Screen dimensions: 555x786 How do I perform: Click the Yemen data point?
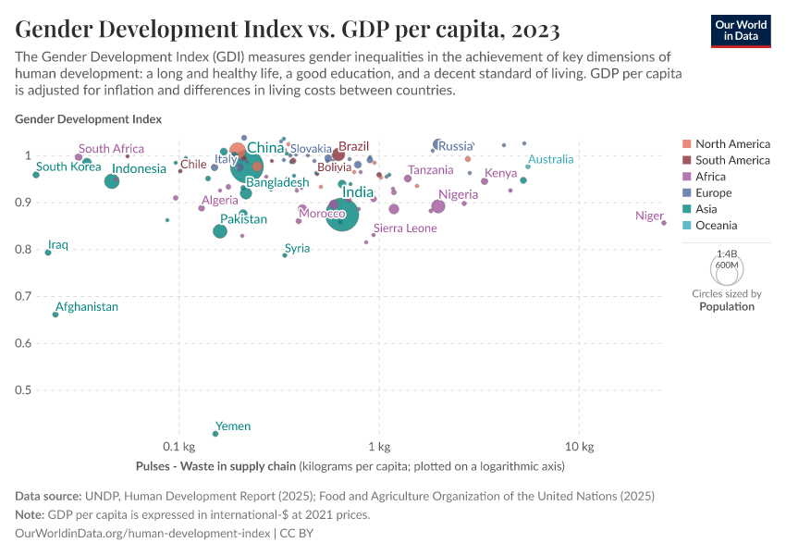coord(215,433)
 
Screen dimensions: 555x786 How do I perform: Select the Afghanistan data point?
coord(55,314)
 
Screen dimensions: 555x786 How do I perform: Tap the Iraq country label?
coord(58,245)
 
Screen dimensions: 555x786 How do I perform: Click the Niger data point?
coord(663,223)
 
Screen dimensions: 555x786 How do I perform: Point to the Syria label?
coord(297,248)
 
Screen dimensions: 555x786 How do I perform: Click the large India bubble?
coord(343,215)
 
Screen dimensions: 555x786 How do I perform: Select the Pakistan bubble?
coord(220,230)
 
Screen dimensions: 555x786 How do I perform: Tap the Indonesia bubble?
coord(112,181)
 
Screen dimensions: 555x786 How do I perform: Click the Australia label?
coord(550,159)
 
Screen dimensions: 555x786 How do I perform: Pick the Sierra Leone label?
coord(405,228)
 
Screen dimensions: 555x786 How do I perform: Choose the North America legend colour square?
coord(686,143)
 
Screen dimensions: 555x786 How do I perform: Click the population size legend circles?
coord(727,268)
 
